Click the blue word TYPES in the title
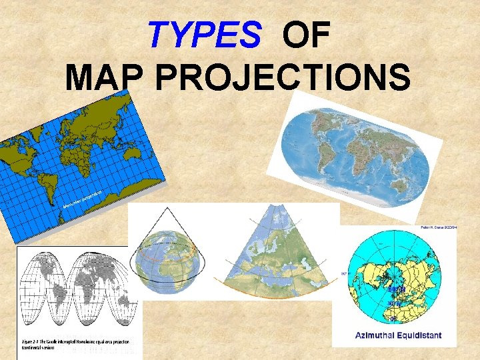pos(204,35)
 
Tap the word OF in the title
pos(306,35)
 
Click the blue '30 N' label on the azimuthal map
pos(395,305)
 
